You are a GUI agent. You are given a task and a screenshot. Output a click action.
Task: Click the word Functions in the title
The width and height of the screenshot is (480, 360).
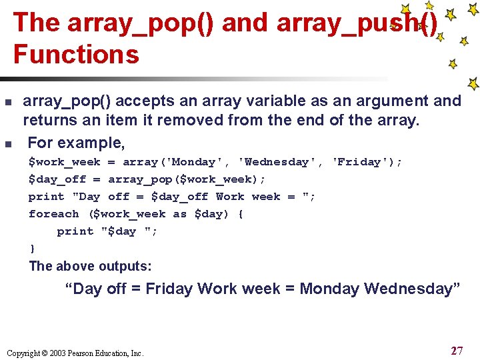pyautogui.click(x=76, y=54)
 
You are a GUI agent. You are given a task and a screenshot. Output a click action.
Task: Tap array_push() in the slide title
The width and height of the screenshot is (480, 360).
pyautogui.click(x=357, y=23)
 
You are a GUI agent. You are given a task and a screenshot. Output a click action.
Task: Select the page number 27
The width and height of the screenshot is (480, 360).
pyautogui.click(x=457, y=351)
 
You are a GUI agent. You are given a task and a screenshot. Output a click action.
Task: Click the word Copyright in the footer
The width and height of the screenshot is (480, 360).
pyautogui.click(x=23, y=353)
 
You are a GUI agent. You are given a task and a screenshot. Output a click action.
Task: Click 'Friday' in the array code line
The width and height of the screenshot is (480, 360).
pyautogui.click(x=360, y=162)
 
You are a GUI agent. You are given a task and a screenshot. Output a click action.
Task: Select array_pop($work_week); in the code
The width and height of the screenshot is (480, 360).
pyautogui.click(x=187, y=179)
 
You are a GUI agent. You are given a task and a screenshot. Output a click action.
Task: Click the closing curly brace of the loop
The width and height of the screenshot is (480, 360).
pyautogui.click(x=32, y=249)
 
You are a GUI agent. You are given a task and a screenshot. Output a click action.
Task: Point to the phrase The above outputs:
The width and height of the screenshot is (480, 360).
pyautogui.click(x=90, y=266)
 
